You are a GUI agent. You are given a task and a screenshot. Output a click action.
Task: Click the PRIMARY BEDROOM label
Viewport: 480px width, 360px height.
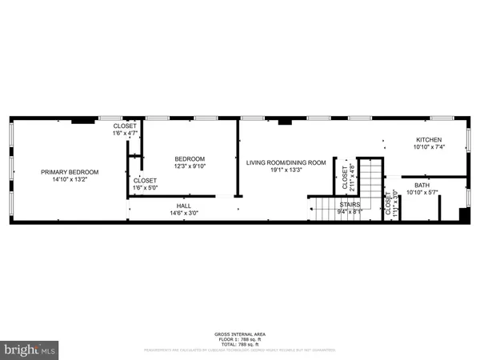coord(70,172)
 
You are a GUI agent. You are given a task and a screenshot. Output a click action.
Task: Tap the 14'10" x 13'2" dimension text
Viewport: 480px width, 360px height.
coord(70,179)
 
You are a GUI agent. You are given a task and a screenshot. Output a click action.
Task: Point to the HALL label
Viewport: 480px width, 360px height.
coord(184,206)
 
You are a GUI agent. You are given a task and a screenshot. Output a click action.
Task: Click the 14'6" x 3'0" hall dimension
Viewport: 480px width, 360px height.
coord(184,214)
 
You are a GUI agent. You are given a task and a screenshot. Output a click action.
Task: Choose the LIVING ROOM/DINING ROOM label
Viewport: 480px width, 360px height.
coord(286,163)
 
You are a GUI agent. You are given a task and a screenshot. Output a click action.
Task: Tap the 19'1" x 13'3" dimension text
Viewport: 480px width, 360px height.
coord(286,170)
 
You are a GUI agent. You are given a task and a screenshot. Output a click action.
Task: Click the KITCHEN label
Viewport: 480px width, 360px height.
coord(428,139)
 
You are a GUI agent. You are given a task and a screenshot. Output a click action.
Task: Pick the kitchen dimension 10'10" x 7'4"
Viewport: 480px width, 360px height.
coord(428,146)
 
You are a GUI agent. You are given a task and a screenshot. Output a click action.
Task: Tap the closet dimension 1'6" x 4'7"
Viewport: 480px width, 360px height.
coord(125,133)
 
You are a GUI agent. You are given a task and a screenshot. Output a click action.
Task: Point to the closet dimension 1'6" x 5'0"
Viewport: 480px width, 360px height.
coord(145,187)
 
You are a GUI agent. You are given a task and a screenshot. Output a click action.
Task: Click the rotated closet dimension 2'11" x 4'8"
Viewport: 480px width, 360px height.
coord(351,175)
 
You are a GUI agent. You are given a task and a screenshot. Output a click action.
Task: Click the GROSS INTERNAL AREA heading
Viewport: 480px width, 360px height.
coord(239,334)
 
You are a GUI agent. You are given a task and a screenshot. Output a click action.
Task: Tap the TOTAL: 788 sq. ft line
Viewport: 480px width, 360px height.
coord(239,343)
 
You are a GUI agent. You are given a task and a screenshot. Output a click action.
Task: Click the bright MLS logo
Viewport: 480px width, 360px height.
coord(30,350)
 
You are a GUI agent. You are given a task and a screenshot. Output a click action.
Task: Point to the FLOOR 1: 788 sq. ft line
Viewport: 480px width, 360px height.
coord(239,338)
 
